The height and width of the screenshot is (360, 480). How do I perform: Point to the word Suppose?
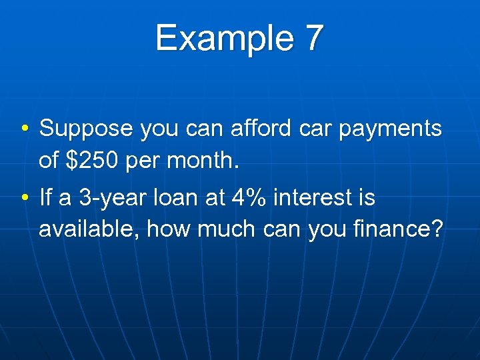[x=87, y=129]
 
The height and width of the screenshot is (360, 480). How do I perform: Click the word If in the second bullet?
[x=46, y=197]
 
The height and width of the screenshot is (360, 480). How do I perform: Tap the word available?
[x=89, y=229]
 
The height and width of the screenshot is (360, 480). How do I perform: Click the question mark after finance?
[x=437, y=229]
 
